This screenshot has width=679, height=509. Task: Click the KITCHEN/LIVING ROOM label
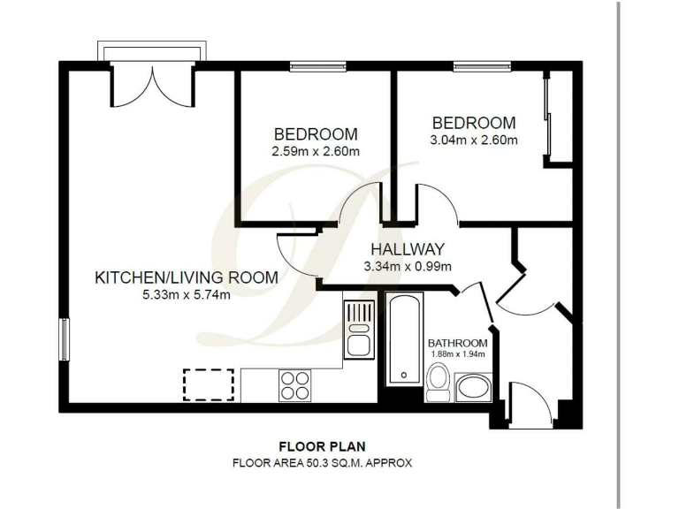[x=186, y=277]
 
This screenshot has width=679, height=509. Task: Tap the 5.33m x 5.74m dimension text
[x=186, y=294]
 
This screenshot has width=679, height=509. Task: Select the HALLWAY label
[x=407, y=250]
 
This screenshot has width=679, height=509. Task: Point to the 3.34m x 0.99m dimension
[x=408, y=267]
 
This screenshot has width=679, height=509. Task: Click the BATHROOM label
[x=457, y=343]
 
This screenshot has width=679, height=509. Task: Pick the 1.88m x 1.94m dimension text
[x=457, y=354]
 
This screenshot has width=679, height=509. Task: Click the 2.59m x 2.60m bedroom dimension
[x=316, y=151]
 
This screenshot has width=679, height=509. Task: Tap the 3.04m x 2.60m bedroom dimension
[x=473, y=139]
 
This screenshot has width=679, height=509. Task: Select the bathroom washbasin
[x=474, y=387]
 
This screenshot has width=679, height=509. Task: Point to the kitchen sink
[x=359, y=328]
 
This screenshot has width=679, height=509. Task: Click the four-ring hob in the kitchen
[x=294, y=384]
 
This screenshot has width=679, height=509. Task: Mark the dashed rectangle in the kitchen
[x=209, y=384]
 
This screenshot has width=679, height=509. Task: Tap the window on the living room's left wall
[x=64, y=339]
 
